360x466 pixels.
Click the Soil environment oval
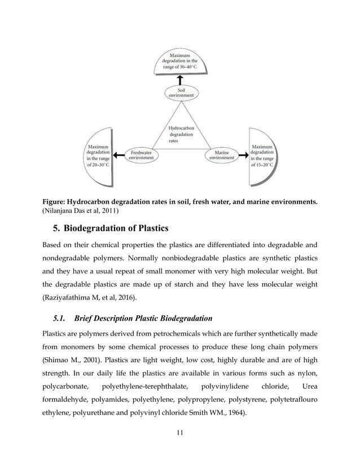[x=181, y=93]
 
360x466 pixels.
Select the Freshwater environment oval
[x=141, y=155]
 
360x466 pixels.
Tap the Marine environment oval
[x=222, y=155]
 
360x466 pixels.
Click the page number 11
[x=180, y=433]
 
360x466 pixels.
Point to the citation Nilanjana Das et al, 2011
[x=81, y=210]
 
